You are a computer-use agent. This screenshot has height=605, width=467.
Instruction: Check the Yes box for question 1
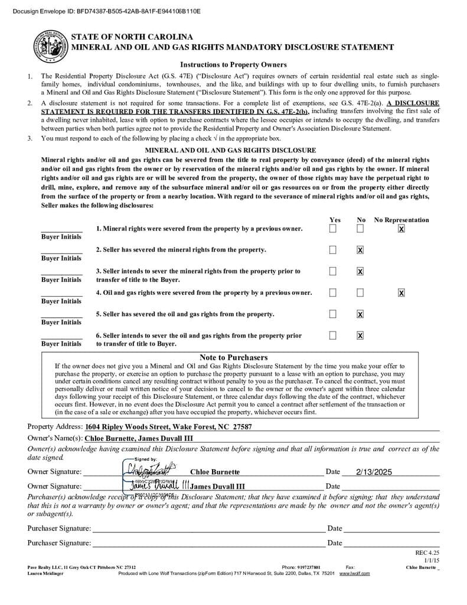(333, 228)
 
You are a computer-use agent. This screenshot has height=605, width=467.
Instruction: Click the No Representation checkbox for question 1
(401, 229)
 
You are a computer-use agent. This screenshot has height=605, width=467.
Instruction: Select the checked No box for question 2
(360, 250)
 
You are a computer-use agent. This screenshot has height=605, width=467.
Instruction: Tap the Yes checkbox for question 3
(333, 271)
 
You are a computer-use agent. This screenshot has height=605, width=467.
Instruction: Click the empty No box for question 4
(360, 292)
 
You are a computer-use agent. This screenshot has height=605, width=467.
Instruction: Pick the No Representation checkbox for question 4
(401, 292)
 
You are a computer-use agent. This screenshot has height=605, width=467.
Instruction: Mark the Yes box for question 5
(333, 314)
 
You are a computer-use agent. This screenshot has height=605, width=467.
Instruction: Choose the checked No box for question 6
(360, 336)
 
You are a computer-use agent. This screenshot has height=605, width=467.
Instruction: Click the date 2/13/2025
(374, 472)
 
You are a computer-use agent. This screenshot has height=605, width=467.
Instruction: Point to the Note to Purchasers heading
(233, 357)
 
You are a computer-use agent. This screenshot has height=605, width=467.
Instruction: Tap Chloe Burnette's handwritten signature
(151, 470)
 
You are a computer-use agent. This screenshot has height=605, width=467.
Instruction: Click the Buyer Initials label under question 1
(61, 237)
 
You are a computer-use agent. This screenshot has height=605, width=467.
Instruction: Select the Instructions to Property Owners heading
(233, 65)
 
